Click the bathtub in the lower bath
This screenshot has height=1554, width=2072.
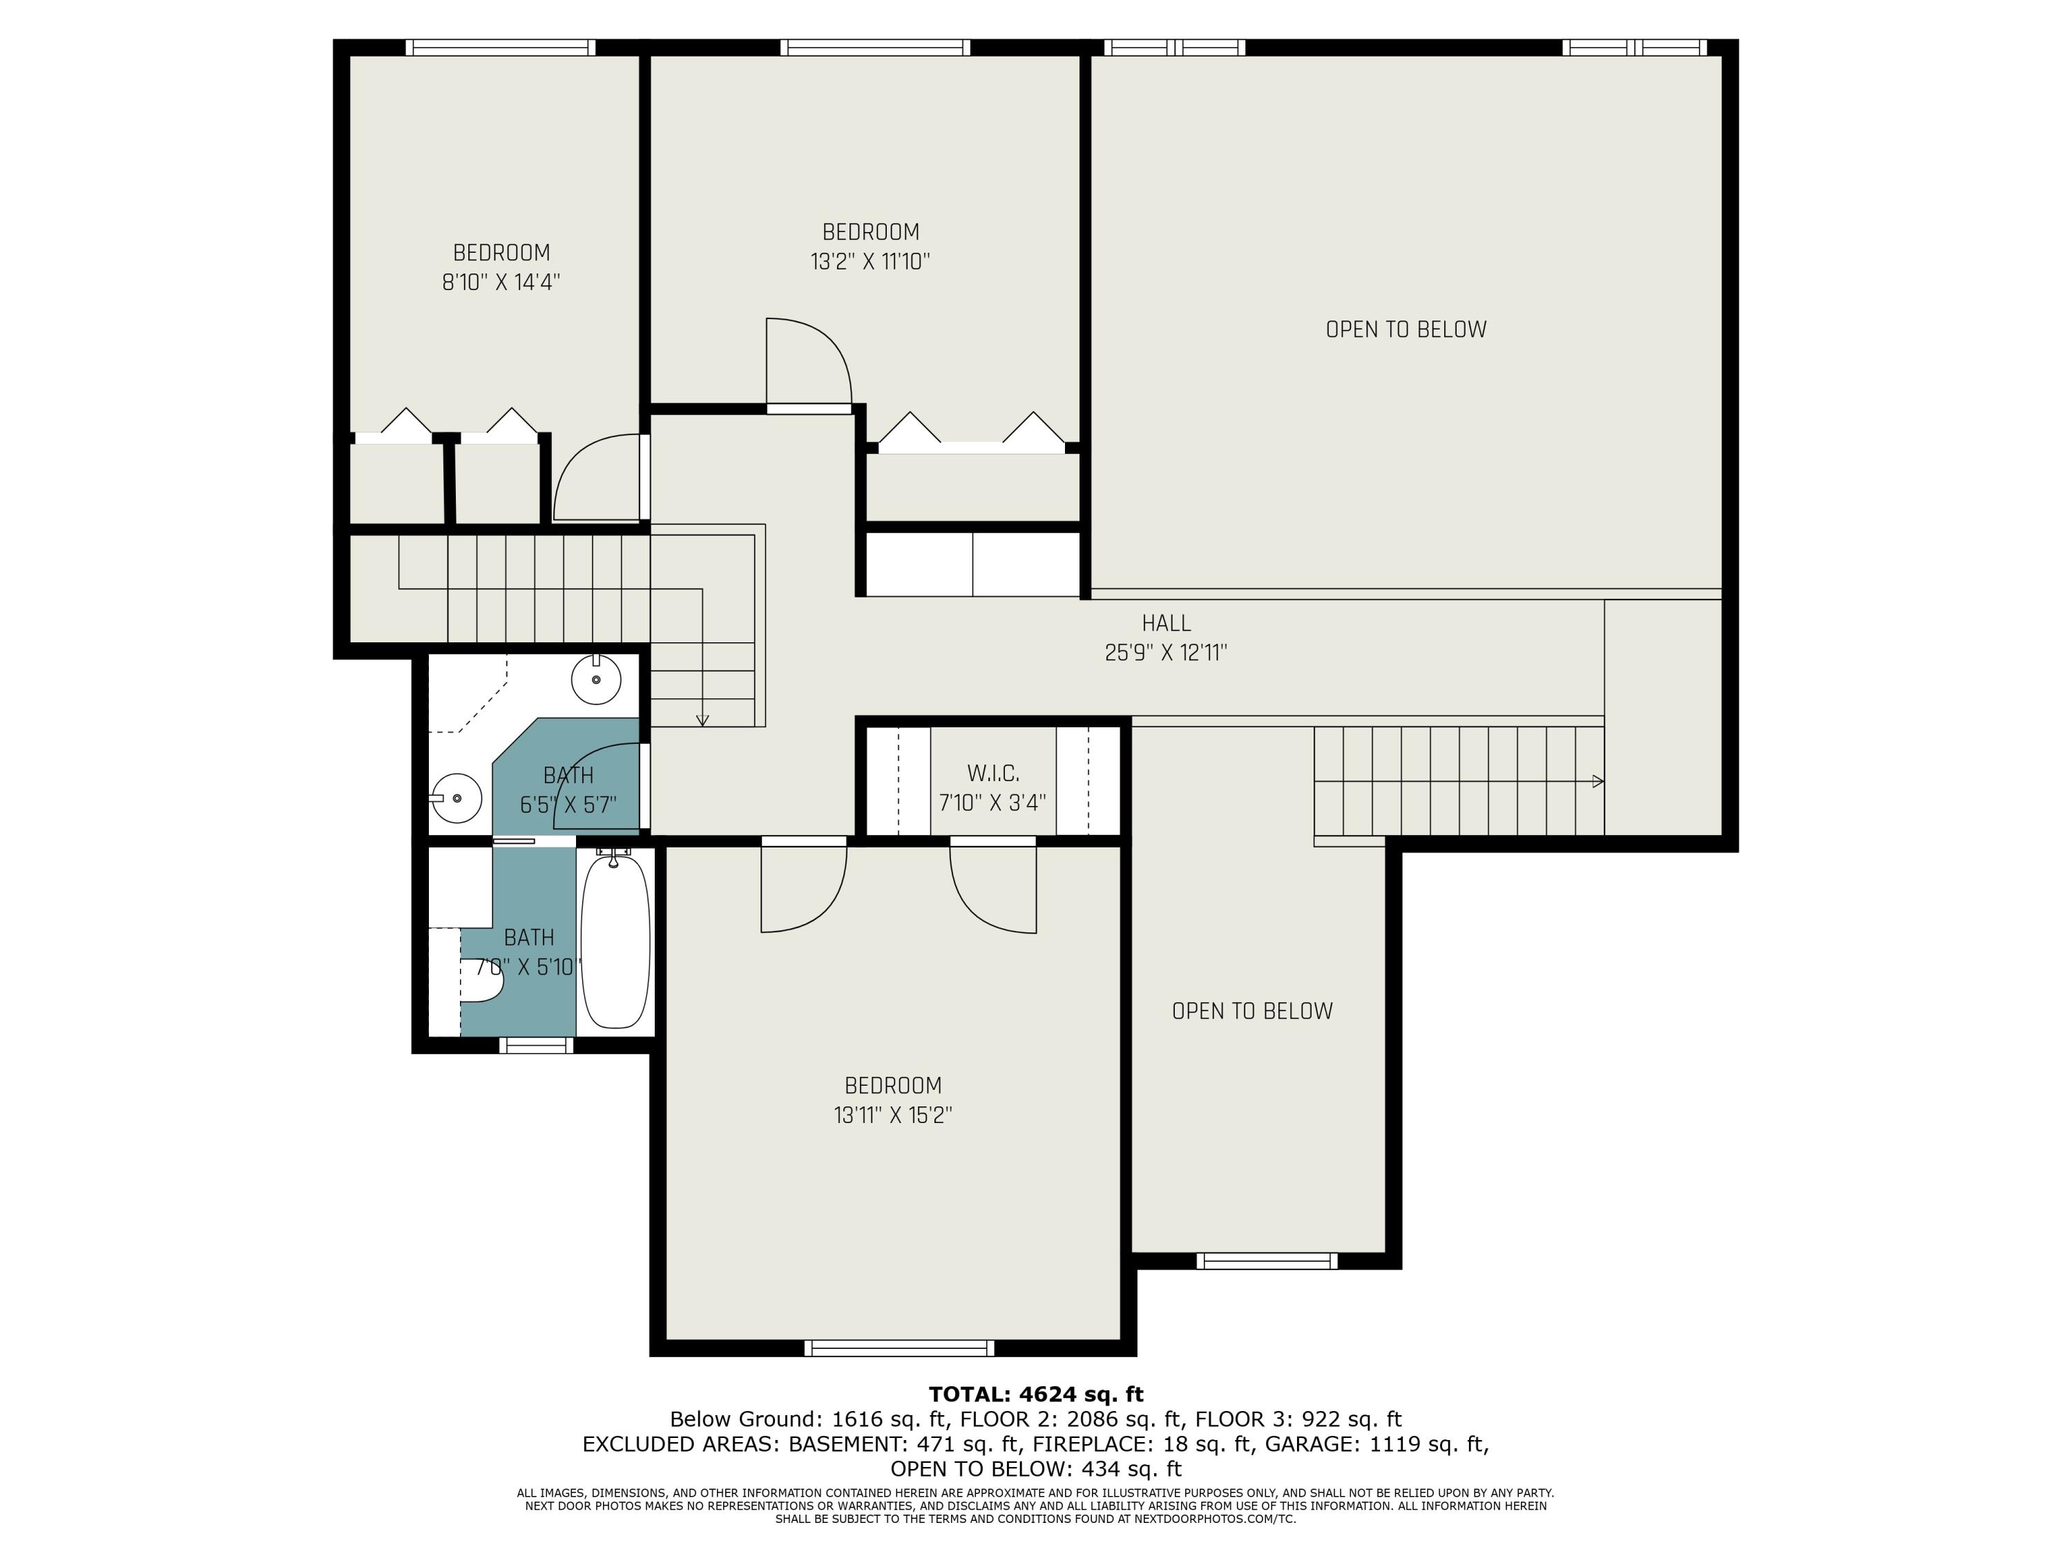click(x=615, y=941)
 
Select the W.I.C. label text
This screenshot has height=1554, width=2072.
click(x=993, y=774)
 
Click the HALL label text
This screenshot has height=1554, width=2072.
click(x=1167, y=623)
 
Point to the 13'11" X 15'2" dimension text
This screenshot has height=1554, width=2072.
click(x=892, y=1115)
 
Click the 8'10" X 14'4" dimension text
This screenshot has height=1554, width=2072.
click(x=501, y=282)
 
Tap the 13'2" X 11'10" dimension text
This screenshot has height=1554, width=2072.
click(x=870, y=261)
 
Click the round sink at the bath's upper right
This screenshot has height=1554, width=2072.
click(x=596, y=679)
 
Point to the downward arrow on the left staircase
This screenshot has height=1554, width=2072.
click(x=702, y=655)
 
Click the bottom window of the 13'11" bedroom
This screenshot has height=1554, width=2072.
click(x=899, y=1348)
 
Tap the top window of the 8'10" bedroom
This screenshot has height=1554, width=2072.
click(x=500, y=48)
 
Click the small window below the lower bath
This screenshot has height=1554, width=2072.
click(x=536, y=1046)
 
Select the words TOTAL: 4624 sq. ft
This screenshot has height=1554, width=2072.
click(x=1036, y=1394)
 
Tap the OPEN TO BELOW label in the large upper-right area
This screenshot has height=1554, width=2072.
click(x=1406, y=329)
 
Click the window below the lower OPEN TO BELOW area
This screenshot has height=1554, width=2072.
click(x=1267, y=1260)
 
